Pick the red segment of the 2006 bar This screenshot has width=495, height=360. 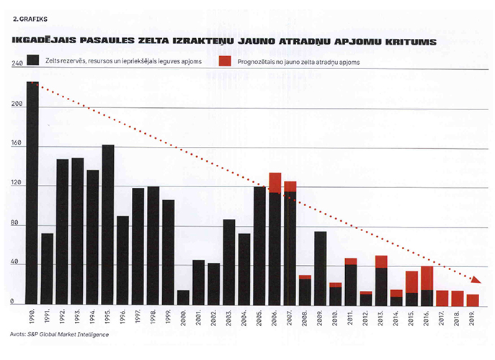[275, 182]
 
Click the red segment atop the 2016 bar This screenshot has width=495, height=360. [426, 278]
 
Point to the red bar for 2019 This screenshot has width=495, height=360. [472, 300]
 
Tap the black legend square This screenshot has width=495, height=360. [32, 60]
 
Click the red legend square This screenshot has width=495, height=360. [224, 60]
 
